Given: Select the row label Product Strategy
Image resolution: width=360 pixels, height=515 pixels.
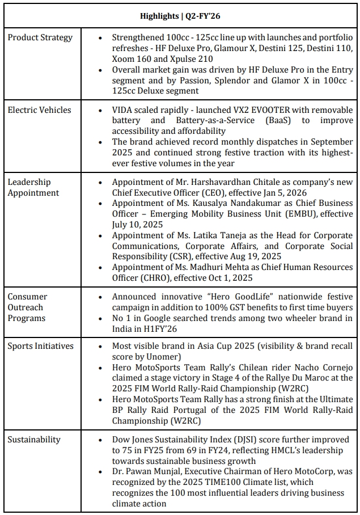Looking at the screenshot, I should click(x=40, y=37).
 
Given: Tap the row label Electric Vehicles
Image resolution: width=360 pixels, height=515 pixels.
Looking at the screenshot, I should click(x=40, y=109).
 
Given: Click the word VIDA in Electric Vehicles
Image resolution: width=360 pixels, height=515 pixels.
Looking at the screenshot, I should click(x=123, y=109).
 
